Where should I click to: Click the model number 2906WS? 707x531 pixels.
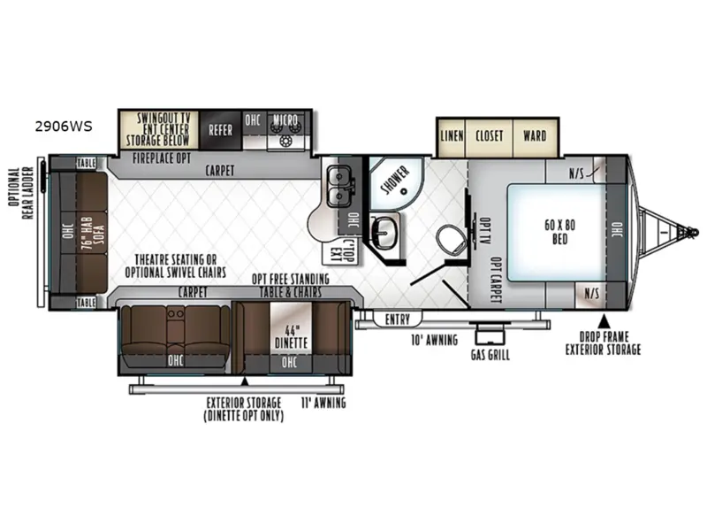(x=64, y=127)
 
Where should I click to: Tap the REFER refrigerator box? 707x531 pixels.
(x=221, y=130)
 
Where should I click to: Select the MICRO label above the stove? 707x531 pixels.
(x=285, y=120)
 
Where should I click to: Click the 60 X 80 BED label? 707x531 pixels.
(x=559, y=232)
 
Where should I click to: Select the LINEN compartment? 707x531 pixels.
(x=452, y=136)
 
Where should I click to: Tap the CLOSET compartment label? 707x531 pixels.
(x=490, y=136)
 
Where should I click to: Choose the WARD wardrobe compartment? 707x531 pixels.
(x=536, y=136)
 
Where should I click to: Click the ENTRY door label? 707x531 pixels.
(x=397, y=319)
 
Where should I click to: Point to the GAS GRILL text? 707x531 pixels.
(x=490, y=355)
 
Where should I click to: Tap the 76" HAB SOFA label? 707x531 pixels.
(x=93, y=232)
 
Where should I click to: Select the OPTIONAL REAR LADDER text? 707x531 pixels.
(x=20, y=193)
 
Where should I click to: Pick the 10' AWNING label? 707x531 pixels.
(x=434, y=340)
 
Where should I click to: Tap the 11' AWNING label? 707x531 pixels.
(x=323, y=403)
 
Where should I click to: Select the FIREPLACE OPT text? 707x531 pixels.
(x=162, y=158)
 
